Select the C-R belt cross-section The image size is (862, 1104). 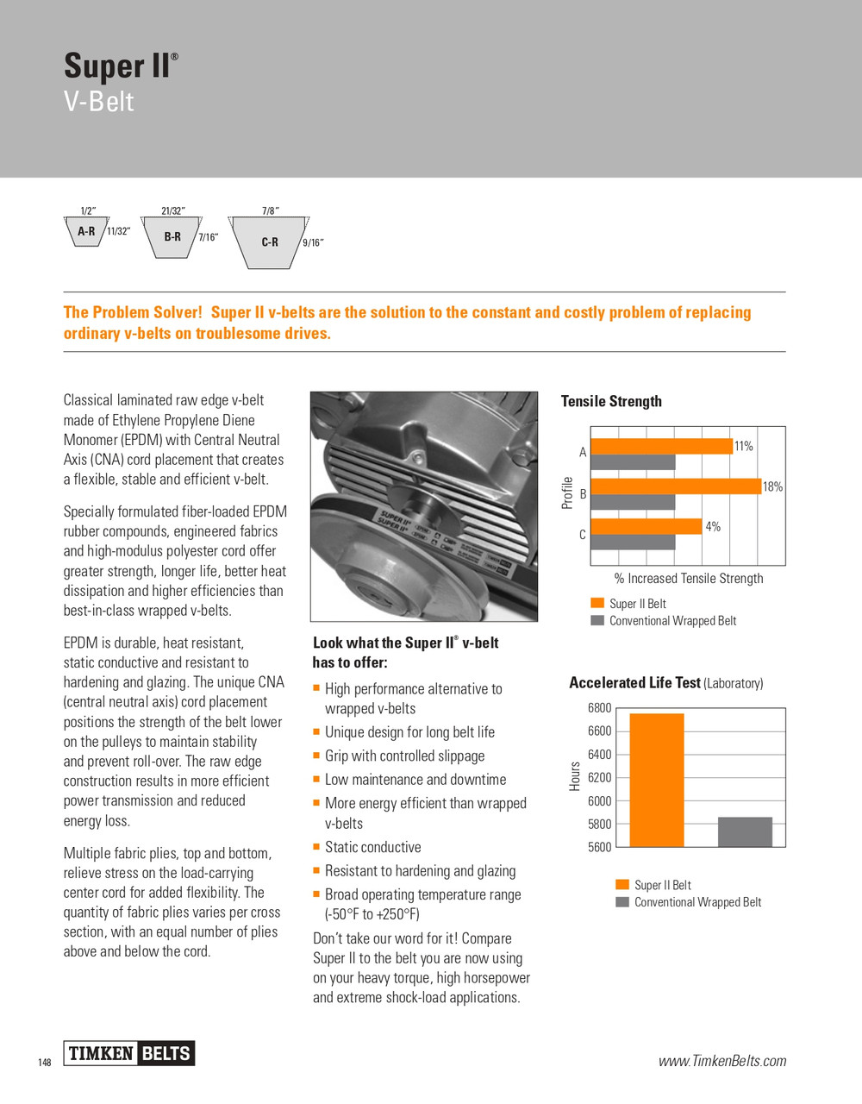(268, 242)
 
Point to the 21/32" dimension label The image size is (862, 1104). (172, 210)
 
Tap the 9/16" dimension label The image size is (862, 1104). (313, 243)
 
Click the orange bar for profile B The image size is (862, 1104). (676, 486)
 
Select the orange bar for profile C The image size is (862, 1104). (646, 526)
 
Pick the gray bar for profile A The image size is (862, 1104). (634, 462)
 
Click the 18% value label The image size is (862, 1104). (772, 487)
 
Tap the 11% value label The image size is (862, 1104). (743, 446)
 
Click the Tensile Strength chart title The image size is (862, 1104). (611, 401)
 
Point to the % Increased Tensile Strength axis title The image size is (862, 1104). (688, 579)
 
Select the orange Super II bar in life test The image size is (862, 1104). (657, 780)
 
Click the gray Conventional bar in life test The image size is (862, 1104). (745, 831)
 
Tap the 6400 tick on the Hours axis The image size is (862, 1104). (599, 755)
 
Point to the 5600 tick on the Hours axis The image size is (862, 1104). (599, 847)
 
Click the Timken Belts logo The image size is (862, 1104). (129, 1053)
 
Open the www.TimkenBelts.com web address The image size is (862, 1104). (722, 1061)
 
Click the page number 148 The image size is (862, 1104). (45, 1063)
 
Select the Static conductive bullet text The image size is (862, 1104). (372, 848)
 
